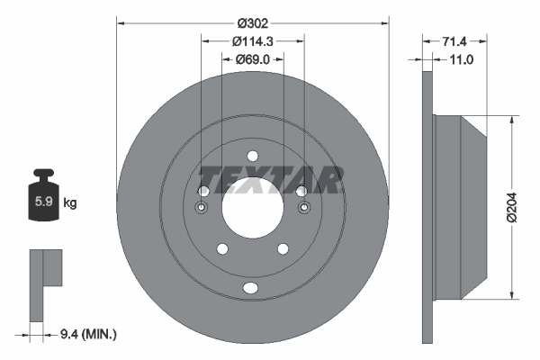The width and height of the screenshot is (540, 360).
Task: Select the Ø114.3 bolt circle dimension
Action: pyautogui.click(x=253, y=40)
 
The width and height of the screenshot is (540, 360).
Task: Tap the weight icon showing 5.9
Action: pyautogui.click(x=43, y=200)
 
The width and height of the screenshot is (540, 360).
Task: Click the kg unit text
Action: pyautogui.click(x=70, y=203)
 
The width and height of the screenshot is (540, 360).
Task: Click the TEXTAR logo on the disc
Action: pyautogui.click(x=269, y=180)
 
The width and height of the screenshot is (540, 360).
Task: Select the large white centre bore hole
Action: pyautogui.click(x=253, y=209)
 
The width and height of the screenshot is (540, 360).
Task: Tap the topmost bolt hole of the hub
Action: pyautogui.click(x=253, y=155)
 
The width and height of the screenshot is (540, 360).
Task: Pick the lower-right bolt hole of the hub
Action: pyautogui.click(x=283, y=249)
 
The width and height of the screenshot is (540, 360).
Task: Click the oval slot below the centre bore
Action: pyautogui.click(x=253, y=289)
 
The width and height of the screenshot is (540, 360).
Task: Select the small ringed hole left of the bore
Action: pyautogui.click(x=203, y=208)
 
